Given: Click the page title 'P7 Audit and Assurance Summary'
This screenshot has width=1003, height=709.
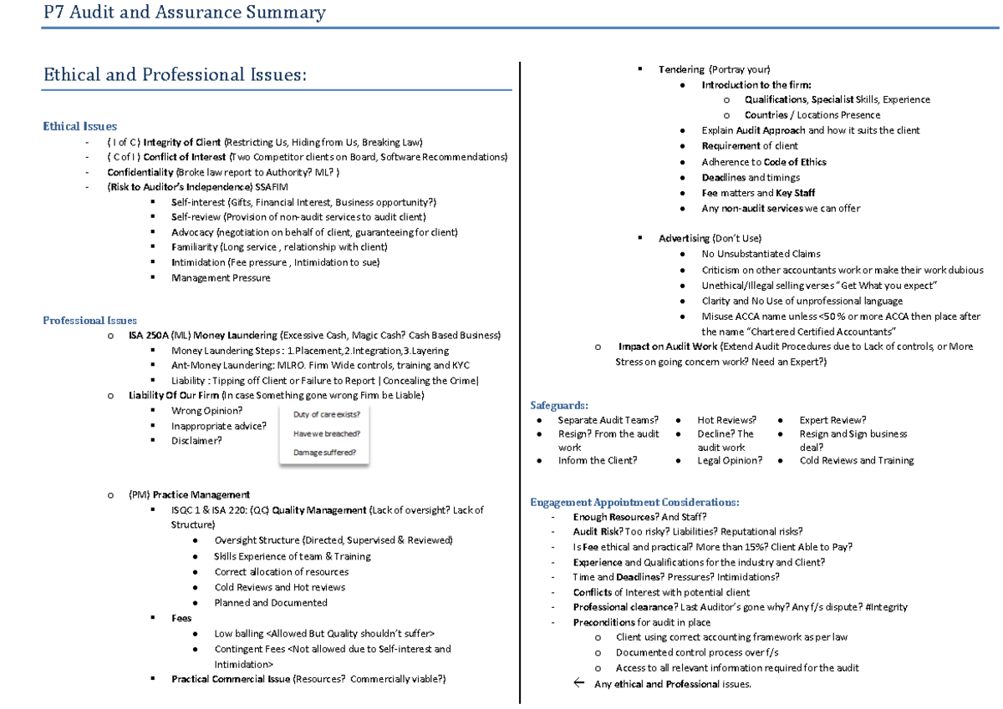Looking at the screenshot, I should pyautogui.click(x=185, y=13).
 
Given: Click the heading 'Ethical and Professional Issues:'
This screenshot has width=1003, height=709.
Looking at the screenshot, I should pyautogui.click(x=175, y=75).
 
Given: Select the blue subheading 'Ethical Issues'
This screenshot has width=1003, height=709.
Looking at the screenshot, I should pyautogui.click(x=79, y=126).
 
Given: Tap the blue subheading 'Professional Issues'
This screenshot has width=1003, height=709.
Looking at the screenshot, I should pyautogui.click(x=89, y=320).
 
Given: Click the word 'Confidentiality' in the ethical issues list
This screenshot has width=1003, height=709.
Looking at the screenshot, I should pyautogui.click(x=139, y=172).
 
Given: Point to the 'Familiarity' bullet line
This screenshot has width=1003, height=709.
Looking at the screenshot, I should pyautogui.click(x=278, y=247).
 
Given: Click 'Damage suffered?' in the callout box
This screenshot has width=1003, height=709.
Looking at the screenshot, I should pyautogui.click(x=324, y=453).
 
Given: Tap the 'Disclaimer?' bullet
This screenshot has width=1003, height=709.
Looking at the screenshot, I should pyautogui.click(x=196, y=441).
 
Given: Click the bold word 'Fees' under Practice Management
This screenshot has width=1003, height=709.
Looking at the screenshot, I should pyautogui.click(x=181, y=618).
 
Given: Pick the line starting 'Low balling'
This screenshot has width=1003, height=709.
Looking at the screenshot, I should pyautogui.click(x=323, y=634).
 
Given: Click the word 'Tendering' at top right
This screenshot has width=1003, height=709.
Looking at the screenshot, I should pyautogui.click(x=681, y=69).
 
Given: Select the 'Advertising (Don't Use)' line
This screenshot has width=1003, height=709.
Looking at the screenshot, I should pyautogui.click(x=710, y=239).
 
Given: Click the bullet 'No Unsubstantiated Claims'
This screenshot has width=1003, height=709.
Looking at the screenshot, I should pyautogui.click(x=761, y=254).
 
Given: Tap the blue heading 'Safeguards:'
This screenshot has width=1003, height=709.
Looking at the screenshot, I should pyautogui.click(x=559, y=405).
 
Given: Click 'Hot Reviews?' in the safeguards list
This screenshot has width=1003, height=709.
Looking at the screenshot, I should pyautogui.click(x=726, y=420).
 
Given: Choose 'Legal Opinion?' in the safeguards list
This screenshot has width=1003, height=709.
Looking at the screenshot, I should pyautogui.click(x=730, y=460).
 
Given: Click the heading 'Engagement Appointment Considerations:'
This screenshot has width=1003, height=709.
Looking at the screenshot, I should pyautogui.click(x=634, y=502).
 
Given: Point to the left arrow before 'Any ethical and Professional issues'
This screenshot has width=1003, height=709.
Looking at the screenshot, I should pyautogui.click(x=578, y=684).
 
